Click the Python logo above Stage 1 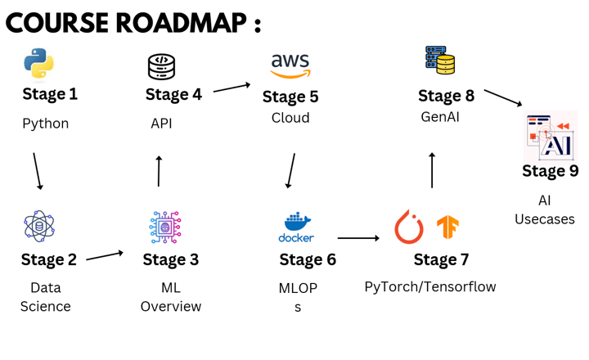coord(38,63)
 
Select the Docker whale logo coord(296,227)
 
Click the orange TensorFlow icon coord(447,227)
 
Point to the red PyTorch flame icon coord(409,227)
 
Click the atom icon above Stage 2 coord(39,227)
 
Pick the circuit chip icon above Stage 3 coord(165,227)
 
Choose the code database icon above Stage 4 coord(161,66)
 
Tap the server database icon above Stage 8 coord(440,60)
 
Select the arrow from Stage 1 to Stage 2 coord(37,170)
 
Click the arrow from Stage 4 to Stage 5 coord(232,87)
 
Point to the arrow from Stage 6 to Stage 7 coord(358,238)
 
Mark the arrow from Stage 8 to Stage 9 coord(503,97)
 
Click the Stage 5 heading coord(290,97)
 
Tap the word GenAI coord(440,117)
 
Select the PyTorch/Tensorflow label coord(430,286)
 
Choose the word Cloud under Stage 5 coord(290,118)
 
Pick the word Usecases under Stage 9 coord(545,219)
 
